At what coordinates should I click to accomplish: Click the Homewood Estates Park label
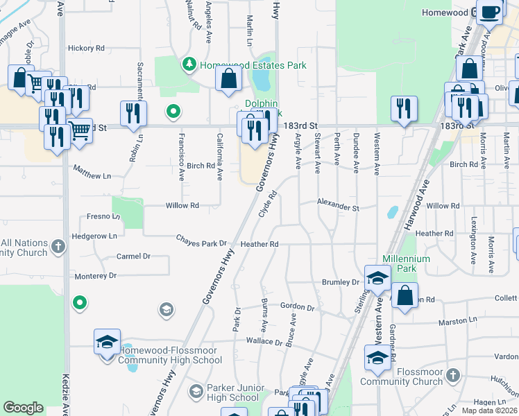pyautogui.click(x=253, y=66)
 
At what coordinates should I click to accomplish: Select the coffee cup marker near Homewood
pyautogui.click(x=491, y=12)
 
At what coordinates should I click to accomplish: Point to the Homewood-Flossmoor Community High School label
pyautogui.click(x=170, y=355)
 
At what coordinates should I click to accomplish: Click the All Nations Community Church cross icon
pyautogui.click(x=59, y=245)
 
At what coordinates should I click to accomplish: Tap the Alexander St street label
pyautogui.click(x=339, y=207)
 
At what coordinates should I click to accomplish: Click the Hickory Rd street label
pyautogui.click(x=86, y=49)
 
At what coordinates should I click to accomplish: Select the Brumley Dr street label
pyautogui.click(x=341, y=282)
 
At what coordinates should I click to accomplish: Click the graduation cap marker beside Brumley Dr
pyautogui.click(x=377, y=278)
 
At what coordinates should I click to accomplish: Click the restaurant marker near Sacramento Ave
pyautogui.click(x=133, y=113)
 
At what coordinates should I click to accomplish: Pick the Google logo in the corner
pyautogui.click(x=24, y=408)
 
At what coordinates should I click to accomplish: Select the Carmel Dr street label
pyautogui.click(x=133, y=256)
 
